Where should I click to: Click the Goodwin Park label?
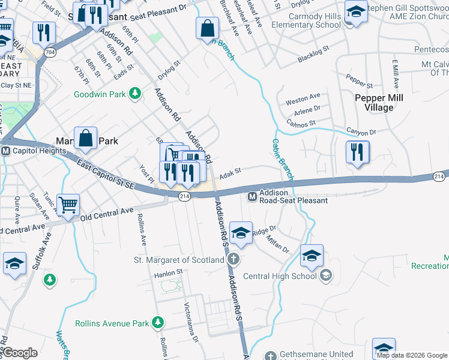[x=100, y=94]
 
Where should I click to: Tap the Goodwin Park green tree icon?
[x=136, y=94]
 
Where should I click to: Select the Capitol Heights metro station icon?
[x=5, y=151]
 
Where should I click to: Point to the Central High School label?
[x=280, y=276]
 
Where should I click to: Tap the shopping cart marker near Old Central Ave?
[x=68, y=205]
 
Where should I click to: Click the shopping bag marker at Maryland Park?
[x=86, y=138]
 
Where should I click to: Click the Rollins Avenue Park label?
[x=112, y=323]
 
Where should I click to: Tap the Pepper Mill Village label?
[x=379, y=103]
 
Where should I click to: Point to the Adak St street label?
[x=230, y=173]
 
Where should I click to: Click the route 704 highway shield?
[x=51, y=53]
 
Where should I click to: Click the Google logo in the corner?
[x=19, y=353]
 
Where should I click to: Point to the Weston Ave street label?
[x=303, y=97]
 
